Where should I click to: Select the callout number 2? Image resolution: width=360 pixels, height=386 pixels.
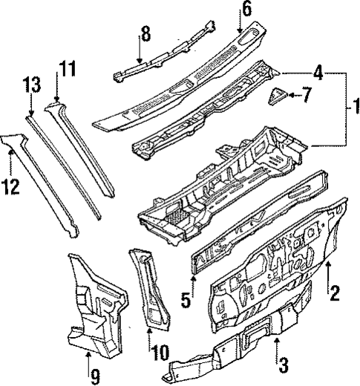(335, 292)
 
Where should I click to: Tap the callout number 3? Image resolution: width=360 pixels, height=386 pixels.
(282, 365)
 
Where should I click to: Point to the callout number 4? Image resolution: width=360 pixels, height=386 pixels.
(318, 73)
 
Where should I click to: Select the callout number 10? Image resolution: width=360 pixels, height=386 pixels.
(160, 351)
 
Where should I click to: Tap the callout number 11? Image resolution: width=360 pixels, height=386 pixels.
(68, 71)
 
